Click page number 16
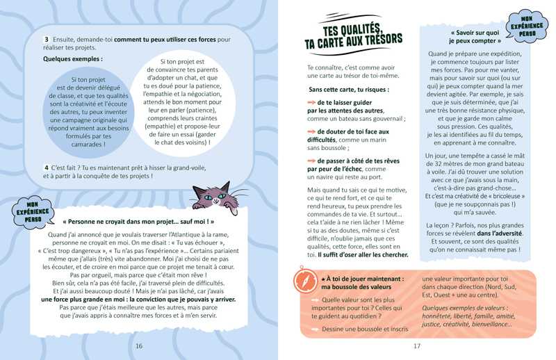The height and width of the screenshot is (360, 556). [x=139, y=346]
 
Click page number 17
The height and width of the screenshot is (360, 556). [x=417, y=346]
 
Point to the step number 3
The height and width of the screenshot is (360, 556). [x=46, y=40]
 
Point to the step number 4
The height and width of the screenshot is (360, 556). [x=45, y=167]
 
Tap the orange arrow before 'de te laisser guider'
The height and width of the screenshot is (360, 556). [x=311, y=103]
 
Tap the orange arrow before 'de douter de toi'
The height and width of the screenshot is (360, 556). [x=311, y=131]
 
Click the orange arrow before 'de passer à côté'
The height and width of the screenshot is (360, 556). [x=311, y=160]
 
